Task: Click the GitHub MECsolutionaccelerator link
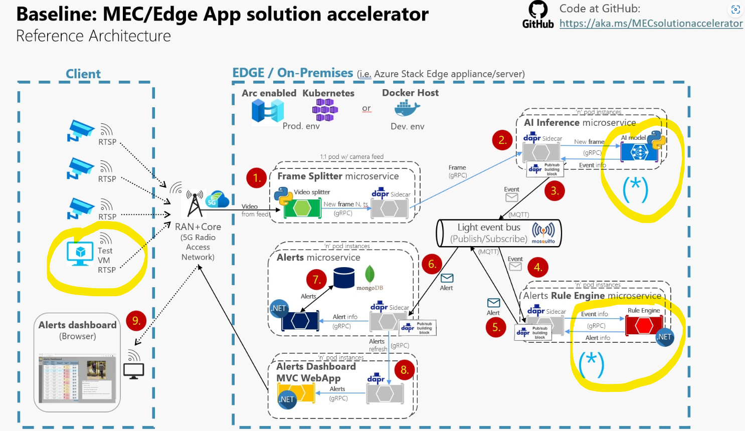pyautogui.click(x=651, y=24)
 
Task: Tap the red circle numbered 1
pyautogui.click(x=256, y=178)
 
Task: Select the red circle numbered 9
pyautogui.click(x=136, y=321)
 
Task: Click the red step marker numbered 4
pyautogui.click(x=538, y=267)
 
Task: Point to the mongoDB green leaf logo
pyautogui.click(x=370, y=274)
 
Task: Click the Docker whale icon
pyautogui.click(x=407, y=108)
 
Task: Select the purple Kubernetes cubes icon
pyautogui.click(x=325, y=110)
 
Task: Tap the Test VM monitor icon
pyautogui.click(x=80, y=253)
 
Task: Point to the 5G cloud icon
pyautogui.click(x=217, y=199)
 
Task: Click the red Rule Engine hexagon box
pyautogui.click(x=644, y=326)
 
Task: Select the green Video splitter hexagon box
pyautogui.click(x=302, y=208)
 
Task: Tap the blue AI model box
pyautogui.click(x=639, y=152)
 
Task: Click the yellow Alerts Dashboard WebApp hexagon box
pyautogui.click(x=296, y=393)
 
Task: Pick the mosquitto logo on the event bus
pyautogui.click(x=543, y=233)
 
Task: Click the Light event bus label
pyautogui.click(x=489, y=228)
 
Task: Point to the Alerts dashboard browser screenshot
pyautogui.click(x=77, y=377)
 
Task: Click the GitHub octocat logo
pyautogui.click(x=538, y=10)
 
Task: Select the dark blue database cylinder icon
pyautogui.click(x=344, y=278)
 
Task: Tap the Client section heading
pyautogui.click(x=83, y=74)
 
